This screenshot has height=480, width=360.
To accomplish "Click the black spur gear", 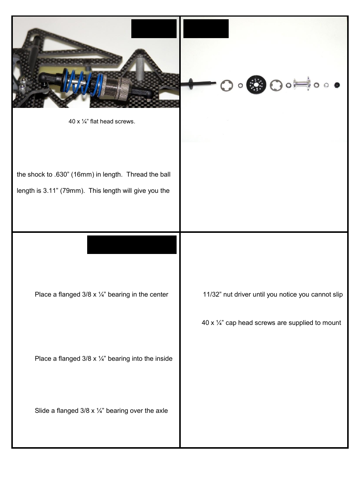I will point(256,85).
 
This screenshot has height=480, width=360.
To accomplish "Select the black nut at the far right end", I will point(337,85).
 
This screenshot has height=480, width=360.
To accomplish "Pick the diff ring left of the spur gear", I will point(227,85).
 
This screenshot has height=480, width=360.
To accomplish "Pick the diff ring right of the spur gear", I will point(276,85).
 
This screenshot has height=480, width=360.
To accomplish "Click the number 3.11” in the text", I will point(50,191).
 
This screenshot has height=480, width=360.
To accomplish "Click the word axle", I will point(161,411).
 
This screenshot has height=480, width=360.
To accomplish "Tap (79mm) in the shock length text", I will point(72,191).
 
